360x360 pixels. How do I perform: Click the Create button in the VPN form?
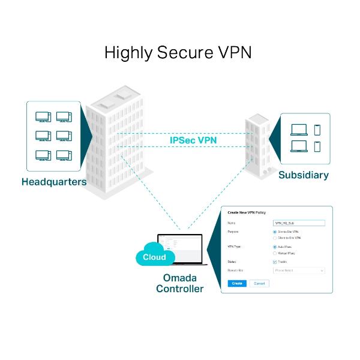(x=237, y=283)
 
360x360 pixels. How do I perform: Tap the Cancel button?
(x=259, y=283)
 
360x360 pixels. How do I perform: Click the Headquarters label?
(x=54, y=181)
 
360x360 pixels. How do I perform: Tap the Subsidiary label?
(x=304, y=175)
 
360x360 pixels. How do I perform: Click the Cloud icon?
(x=155, y=257)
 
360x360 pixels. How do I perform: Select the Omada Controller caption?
(x=179, y=283)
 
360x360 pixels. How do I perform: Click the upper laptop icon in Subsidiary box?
(x=298, y=129)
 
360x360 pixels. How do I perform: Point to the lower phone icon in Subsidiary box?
(x=317, y=146)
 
